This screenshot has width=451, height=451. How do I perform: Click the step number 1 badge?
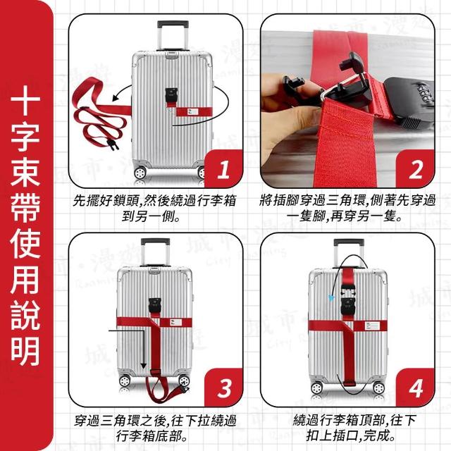[x=224, y=169]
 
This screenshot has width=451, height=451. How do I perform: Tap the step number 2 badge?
[x=415, y=169]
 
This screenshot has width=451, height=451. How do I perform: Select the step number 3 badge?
[x=224, y=388]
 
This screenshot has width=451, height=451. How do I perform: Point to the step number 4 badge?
[x=415, y=388]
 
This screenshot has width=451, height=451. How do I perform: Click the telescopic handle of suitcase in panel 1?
[x=173, y=35]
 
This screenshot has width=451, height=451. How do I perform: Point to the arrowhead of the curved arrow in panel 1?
[x=116, y=98]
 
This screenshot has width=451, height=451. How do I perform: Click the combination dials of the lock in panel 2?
[x=426, y=93]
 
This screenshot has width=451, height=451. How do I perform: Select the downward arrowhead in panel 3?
[x=143, y=366]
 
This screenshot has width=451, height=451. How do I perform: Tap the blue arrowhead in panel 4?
[x=332, y=298]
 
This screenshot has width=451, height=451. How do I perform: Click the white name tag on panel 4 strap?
[x=372, y=326]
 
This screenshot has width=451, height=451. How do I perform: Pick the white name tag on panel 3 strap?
[x=175, y=322]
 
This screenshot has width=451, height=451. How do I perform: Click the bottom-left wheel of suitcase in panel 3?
[x=125, y=381]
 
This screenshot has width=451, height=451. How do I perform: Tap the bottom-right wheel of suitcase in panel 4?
[x=378, y=388]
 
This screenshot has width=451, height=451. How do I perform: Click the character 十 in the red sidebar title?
[x=25, y=101]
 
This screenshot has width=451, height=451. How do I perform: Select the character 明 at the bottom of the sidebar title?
[x=25, y=351]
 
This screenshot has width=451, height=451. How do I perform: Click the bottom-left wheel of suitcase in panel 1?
[x=140, y=173]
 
